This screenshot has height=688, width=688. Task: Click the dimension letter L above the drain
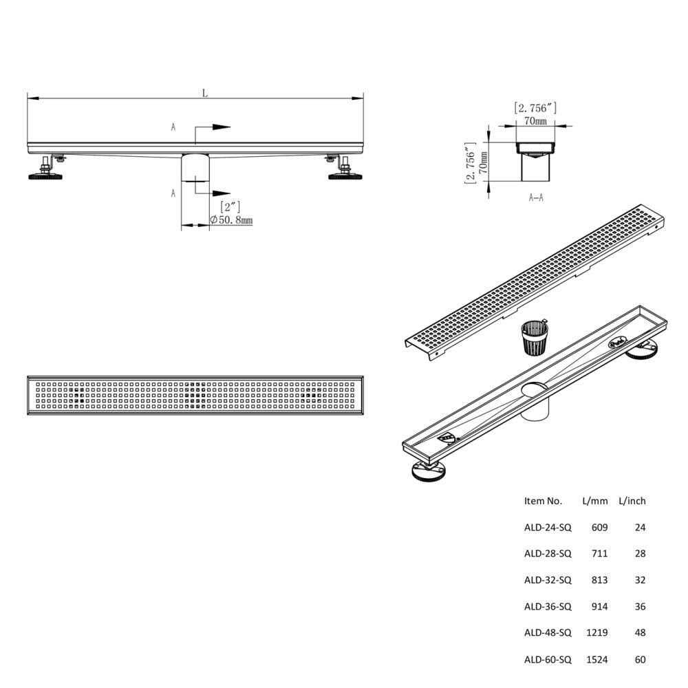(x=205, y=93)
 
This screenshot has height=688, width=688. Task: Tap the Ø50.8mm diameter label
(x=231, y=220)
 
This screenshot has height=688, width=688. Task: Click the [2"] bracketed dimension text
(x=230, y=206)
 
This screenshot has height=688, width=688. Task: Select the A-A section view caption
(x=536, y=198)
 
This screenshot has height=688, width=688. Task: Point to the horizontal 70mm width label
(x=536, y=120)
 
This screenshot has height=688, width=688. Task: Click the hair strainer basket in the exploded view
(x=535, y=337)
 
